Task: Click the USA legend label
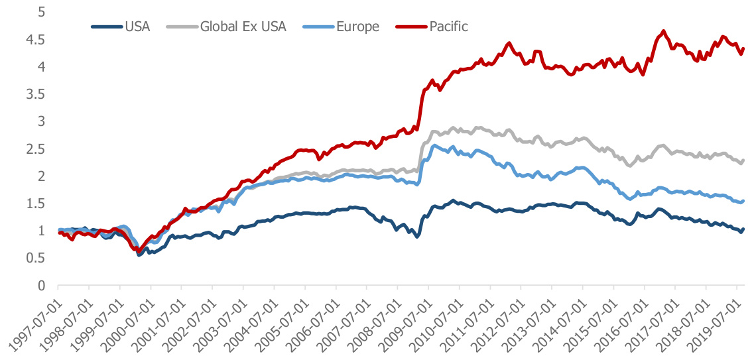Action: (137, 27)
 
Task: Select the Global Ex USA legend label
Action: (245, 27)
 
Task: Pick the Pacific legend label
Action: (448, 27)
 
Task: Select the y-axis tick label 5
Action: (41, 12)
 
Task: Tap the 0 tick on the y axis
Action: (41, 286)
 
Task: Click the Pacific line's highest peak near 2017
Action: (663, 30)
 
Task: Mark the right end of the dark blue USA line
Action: (743, 229)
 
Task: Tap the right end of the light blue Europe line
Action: (743, 201)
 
